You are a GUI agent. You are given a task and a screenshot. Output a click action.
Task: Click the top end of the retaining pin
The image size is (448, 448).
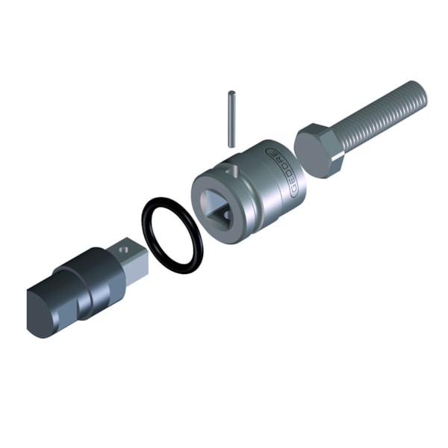coord(232,94)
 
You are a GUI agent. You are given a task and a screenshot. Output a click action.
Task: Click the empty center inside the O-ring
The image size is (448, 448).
coord(172,235)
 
